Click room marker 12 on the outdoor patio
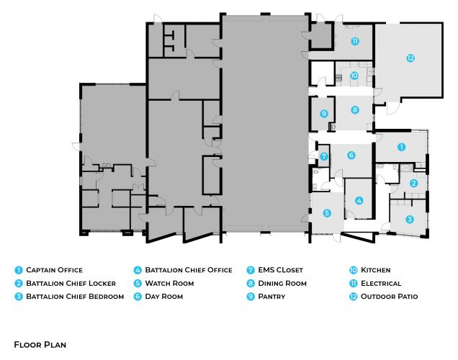click(x=410, y=58)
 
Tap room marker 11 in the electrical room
click(x=355, y=42)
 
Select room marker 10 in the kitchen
click(x=354, y=75)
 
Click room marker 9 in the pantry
click(x=324, y=113)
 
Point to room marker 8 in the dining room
click(x=354, y=110)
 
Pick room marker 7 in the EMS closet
click(x=324, y=156)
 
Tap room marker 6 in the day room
click(x=351, y=155)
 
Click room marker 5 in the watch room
click(x=327, y=213)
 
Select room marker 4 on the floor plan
click(x=359, y=200)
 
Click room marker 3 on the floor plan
click(x=410, y=219)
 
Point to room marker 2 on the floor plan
click(x=413, y=184)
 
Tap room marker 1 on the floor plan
click(x=402, y=147)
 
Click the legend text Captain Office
click(x=54, y=270)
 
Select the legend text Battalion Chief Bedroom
click(x=75, y=296)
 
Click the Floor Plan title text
click(x=40, y=345)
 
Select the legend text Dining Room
click(x=287, y=283)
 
